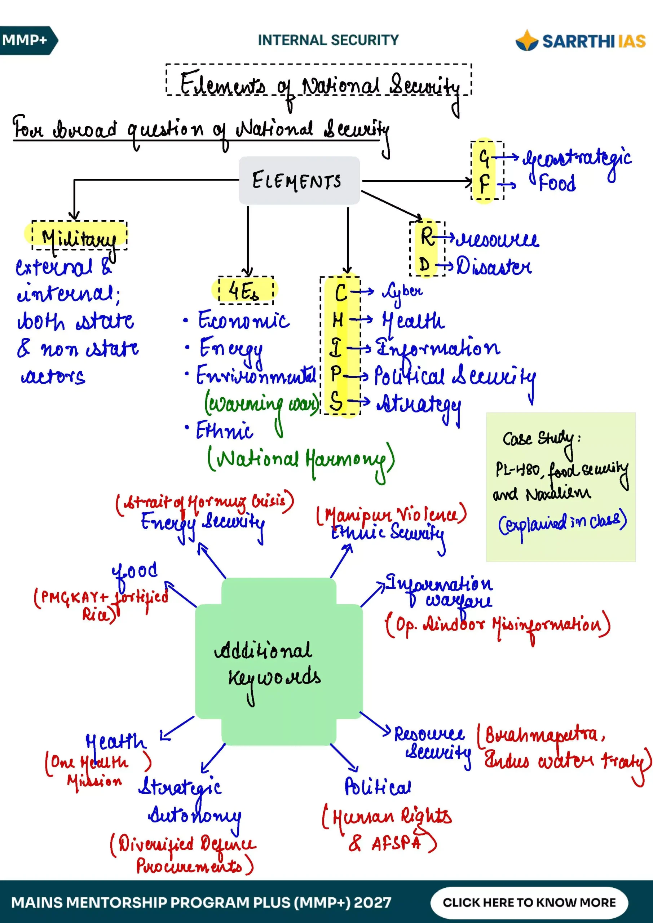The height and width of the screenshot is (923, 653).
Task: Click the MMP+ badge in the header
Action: pos(28,40)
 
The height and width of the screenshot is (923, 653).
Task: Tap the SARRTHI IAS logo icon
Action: pos(527,40)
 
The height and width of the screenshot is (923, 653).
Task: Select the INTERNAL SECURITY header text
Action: pos(328,40)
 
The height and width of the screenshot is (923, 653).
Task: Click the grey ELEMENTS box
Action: pos(299,181)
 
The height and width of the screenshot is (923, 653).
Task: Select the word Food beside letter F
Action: pos(557,183)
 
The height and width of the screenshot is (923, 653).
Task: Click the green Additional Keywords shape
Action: pos(279,662)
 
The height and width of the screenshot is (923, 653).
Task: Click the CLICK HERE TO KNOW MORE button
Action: pos(529,902)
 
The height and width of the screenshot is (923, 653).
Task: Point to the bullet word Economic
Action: pos(244,321)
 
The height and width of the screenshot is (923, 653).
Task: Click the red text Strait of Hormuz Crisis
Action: pos(205,502)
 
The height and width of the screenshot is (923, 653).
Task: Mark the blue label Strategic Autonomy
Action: pos(189,804)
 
